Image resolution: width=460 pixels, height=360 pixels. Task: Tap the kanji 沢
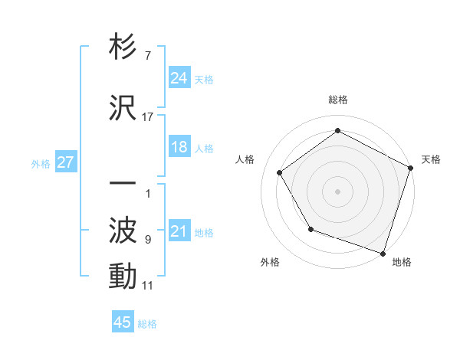click(x=123, y=107)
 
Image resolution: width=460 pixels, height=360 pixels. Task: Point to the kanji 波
click(x=123, y=230)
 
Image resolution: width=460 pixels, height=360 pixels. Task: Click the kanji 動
click(x=123, y=276)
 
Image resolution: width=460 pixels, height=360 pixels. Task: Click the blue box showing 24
click(x=179, y=78)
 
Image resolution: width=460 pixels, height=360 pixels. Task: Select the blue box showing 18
click(x=179, y=147)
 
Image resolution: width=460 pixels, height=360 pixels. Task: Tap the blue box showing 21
click(x=179, y=231)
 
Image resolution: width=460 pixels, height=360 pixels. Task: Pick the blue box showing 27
click(x=65, y=162)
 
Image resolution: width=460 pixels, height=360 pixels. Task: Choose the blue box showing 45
click(x=123, y=322)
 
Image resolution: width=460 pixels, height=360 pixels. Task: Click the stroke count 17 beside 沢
click(x=148, y=117)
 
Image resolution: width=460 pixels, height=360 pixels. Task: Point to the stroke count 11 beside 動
click(x=148, y=286)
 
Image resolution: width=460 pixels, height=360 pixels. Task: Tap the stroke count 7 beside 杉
click(x=147, y=56)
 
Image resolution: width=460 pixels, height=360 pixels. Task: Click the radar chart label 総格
click(x=338, y=100)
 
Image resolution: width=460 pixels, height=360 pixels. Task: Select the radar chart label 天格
click(x=431, y=159)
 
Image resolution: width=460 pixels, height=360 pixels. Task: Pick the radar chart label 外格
click(x=270, y=262)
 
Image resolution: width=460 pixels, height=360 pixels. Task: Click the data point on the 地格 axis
click(x=383, y=253)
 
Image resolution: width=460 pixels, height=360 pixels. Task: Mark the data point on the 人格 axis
click(x=280, y=172)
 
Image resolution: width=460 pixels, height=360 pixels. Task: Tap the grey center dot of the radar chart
click(x=338, y=191)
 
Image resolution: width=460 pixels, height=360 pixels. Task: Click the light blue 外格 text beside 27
click(x=41, y=163)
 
